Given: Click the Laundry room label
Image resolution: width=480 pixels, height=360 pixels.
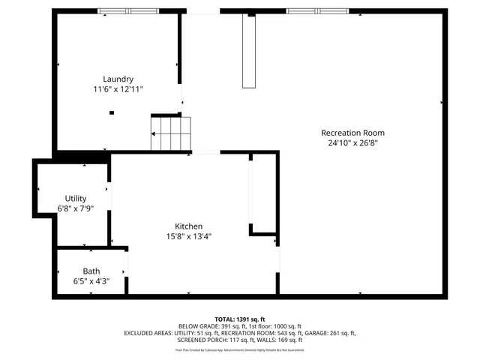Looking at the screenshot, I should pos(118,79).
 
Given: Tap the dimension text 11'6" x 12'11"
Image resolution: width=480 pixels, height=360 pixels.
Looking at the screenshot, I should pos(118,89).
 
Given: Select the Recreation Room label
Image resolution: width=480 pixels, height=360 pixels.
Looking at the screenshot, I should pos(347,133).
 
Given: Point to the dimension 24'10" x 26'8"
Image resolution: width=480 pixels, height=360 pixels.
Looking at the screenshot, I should pos(347,142).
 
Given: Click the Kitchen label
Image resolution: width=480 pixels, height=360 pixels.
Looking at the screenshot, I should pos(188,226).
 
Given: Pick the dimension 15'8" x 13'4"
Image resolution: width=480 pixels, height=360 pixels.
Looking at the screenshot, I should pos(188,236).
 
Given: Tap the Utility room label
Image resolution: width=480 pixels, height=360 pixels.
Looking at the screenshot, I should pos(76,198).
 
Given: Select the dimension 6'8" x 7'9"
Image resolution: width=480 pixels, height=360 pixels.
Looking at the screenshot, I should pos(76,208).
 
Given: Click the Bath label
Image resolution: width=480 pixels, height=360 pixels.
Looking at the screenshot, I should pos(91,271).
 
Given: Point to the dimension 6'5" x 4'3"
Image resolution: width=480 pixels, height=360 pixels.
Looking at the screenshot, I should pos(91,281).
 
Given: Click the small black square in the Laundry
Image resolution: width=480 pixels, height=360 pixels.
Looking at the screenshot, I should pos(112,112).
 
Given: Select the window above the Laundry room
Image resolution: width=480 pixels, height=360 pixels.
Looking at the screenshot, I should pos(128,11).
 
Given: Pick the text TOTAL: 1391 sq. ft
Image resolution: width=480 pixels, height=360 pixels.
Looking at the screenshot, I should pos(240,319).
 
